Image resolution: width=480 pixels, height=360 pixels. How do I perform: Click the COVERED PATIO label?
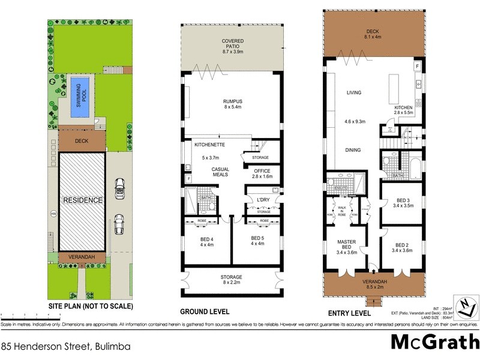pyautogui.click(x=231, y=44)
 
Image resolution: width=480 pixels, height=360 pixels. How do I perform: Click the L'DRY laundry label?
pyautogui.click(x=263, y=200)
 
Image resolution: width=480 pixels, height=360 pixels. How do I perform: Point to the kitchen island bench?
pyautogui.click(x=395, y=90)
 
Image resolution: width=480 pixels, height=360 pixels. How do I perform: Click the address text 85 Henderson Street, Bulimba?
pyautogui.click(x=66, y=346)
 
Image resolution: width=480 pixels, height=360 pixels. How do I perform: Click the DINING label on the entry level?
pyautogui.click(x=353, y=150)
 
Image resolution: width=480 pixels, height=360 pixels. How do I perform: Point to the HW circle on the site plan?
pyautogui.click(x=53, y=213)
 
